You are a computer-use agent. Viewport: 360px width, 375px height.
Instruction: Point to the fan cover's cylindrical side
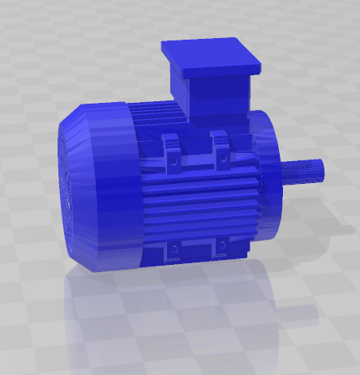pyautogui.click(x=105, y=186)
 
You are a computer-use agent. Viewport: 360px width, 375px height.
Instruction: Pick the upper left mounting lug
pyautogui.click(x=173, y=154)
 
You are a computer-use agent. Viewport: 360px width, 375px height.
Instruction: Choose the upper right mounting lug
pyautogui.click(x=221, y=152)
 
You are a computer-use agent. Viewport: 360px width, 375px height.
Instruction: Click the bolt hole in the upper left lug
pyautogui.click(x=173, y=161)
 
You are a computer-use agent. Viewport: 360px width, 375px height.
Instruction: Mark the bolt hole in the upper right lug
pyautogui.click(x=221, y=159)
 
